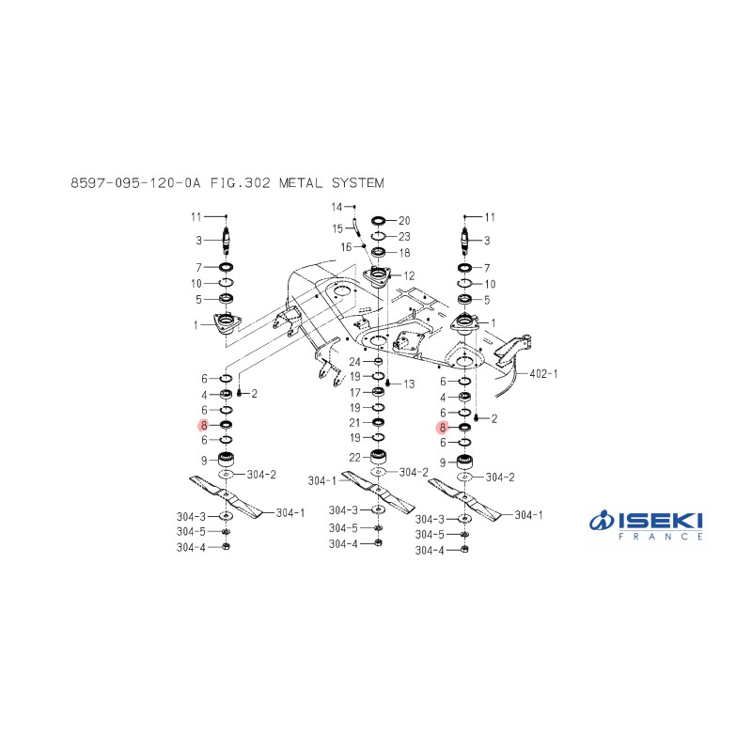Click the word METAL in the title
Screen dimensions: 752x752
pos(301,182)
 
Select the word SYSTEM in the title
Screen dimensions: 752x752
pos(358,182)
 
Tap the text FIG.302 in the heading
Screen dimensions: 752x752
pos(241,182)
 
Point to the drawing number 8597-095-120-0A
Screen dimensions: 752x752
pos(135,182)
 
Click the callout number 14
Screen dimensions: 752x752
pos(337,207)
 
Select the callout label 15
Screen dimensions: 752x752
pos(337,228)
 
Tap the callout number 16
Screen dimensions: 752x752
pos(346,247)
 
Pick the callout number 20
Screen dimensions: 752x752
pos(404,221)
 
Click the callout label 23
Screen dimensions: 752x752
pos(404,237)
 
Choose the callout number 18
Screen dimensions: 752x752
pos(404,253)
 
